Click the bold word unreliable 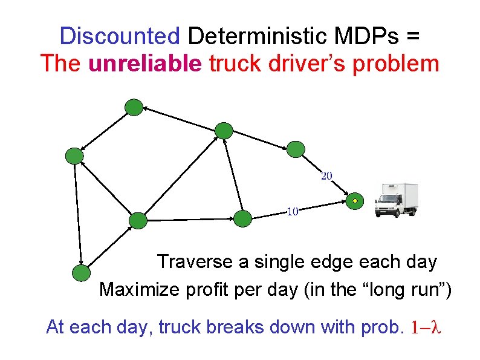click(x=144, y=63)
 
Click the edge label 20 click(x=326, y=176)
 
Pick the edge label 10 click(x=293, y=211)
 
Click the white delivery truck click(x=397, y=199)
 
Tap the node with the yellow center click(x=355, y=201)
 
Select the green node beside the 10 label click(x=242, y=218)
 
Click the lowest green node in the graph click(x=80, y=273)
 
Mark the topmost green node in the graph click(x=134, y=108)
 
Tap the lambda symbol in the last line click(x=439, y=327)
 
